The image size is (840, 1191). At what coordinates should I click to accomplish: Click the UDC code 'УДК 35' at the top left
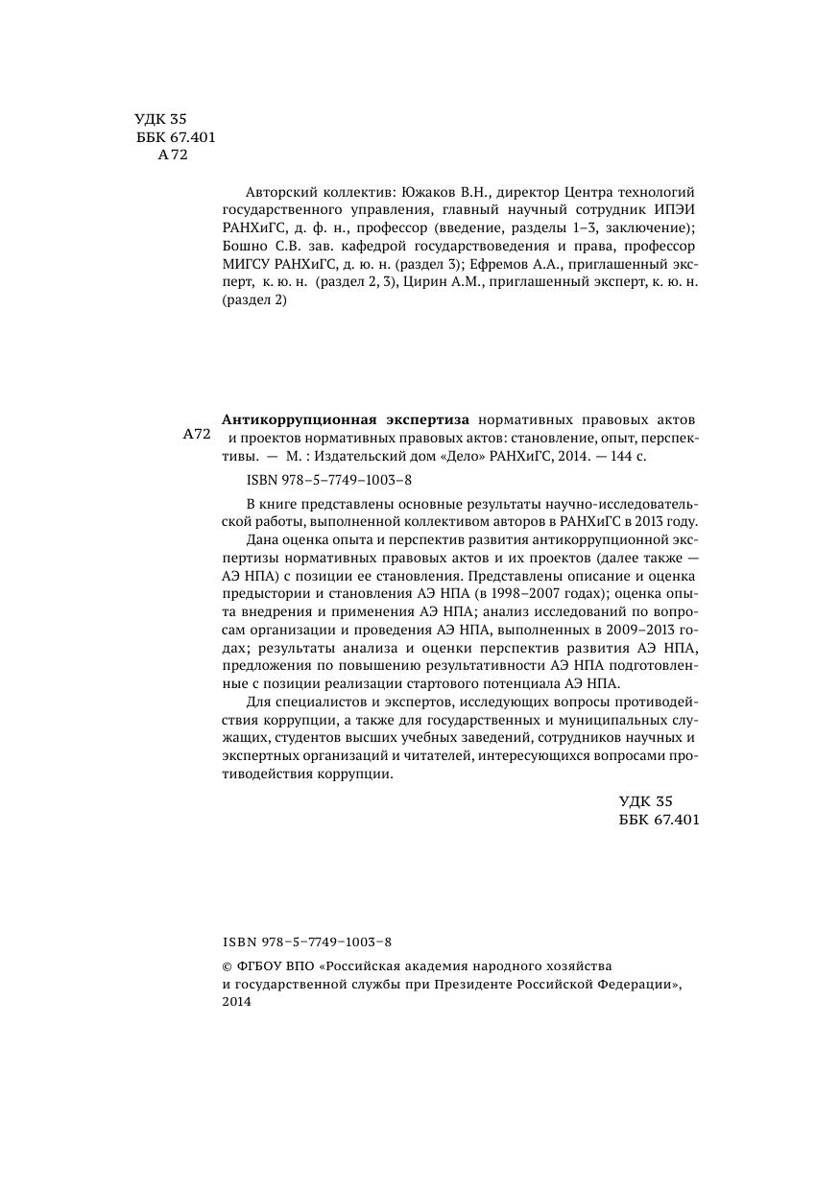point(160,120)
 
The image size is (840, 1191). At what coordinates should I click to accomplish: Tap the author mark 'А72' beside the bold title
point(196,434)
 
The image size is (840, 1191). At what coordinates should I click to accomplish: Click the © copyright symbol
point(227,965)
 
